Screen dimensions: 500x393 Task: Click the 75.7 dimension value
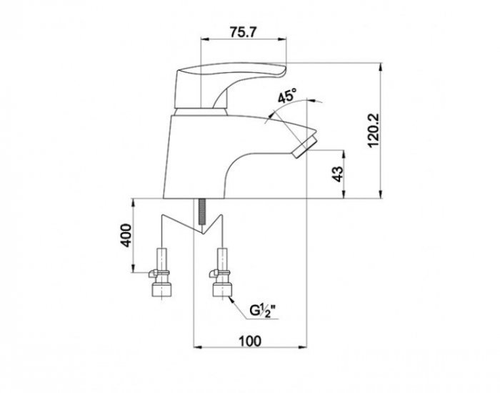pyautogui.click(x=243, y=32)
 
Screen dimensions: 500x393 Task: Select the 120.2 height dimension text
pyautogui.click(x=373, y=130)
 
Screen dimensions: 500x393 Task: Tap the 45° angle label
pyautogui.click(x=286, y=95)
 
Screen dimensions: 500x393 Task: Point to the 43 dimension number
pyautogui.click(x=339, y=174)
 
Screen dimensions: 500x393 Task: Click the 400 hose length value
pyautogui.click(x=126, y=236)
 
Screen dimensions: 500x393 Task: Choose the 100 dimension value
pyautogui.click(x=250, y=341)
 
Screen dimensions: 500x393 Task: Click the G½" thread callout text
pyautogui.click(x=262, y=311)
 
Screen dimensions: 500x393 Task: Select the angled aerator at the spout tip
pyautogui.click(x=306, y=146)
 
